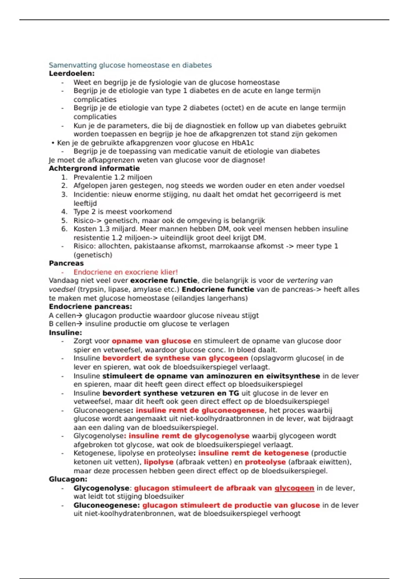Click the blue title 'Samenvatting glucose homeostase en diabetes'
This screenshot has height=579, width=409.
[x=130, y=65]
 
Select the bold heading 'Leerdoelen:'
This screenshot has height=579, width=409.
[x=72, y=74]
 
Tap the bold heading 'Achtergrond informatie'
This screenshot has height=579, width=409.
[x=94, y=168]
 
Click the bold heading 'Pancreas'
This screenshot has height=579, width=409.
[x=66, y=263]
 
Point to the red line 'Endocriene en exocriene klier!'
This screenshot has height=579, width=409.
[x=125, y=272]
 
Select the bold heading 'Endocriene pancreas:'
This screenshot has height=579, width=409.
[x=90, y=307]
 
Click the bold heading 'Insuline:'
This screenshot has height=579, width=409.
[x=65, y=332]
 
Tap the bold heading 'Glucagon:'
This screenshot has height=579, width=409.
[x=68, y=479]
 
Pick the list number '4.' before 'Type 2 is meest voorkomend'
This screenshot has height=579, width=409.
[x=64, y=212]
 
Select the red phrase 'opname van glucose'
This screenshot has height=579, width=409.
[x=151, y=341]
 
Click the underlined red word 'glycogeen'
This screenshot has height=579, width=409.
[x=294, y=488]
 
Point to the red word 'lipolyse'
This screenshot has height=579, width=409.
[x=158, y=462]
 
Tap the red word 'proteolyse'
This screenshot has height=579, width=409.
[x=265, y=462]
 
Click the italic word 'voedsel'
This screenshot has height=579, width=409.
[x=62, y=289]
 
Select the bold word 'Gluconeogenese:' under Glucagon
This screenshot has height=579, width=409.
[x=107, y=505]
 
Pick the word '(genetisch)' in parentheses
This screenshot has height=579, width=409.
[x=93, y=255]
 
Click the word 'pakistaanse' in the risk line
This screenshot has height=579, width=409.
[x=154, y=246]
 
